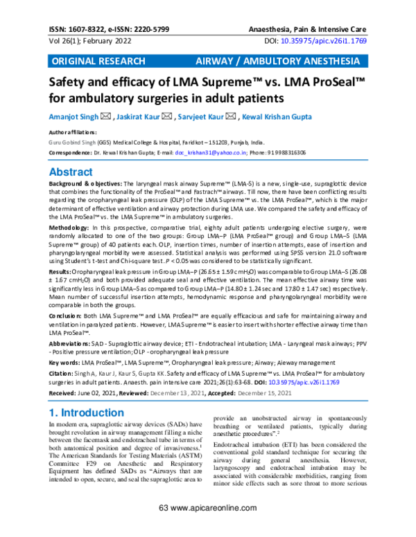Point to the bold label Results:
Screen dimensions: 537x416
click(59, 273)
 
